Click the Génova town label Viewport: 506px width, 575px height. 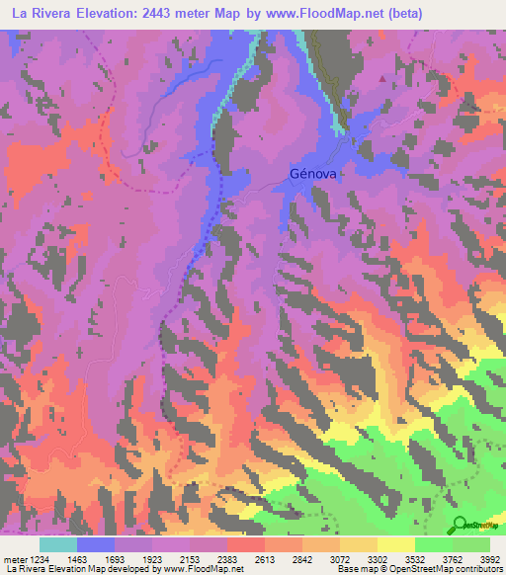(x=314, y=173)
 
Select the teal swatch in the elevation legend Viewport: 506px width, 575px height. (x=58, y=544)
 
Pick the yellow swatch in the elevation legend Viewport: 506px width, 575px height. (x=396, y=544)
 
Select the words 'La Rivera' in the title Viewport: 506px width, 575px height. (x=40, y=14)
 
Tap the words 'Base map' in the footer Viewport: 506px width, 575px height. (x=355, y=569)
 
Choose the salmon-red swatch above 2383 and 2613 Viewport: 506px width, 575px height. (x=246, y=544)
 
